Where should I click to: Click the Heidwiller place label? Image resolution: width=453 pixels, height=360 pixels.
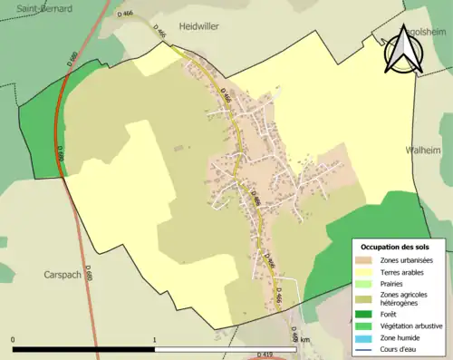(x=199, y=27)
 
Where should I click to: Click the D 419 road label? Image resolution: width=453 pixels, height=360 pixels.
(x=265, y=354)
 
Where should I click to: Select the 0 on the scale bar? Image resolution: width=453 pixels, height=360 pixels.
(x=14, y=340)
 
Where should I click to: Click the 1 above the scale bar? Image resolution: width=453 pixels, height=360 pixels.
(x=155, y=340)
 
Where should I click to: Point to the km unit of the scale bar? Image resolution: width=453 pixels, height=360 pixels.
(x=304, y=340)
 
